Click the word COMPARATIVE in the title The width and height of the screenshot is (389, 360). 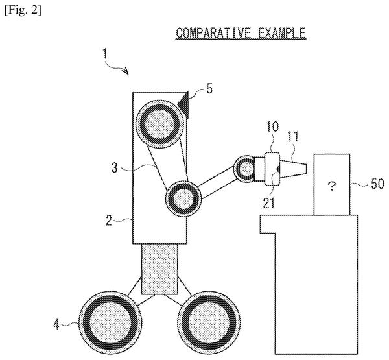213,33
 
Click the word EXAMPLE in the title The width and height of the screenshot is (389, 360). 281,33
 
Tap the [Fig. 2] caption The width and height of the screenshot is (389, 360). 23,10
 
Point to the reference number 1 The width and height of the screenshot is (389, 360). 106,54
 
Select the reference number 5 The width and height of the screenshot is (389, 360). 209,88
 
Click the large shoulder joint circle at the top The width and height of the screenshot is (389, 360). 160,123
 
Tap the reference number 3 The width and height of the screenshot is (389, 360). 114,168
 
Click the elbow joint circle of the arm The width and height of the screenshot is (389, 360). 184,198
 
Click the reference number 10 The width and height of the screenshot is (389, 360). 272,126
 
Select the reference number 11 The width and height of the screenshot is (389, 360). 293,137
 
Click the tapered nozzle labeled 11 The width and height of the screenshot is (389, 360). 294,169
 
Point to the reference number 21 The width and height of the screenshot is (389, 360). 268,203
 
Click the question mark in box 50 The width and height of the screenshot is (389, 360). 332,186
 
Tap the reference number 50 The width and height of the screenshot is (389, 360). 377,184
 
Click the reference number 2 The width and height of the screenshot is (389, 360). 109,221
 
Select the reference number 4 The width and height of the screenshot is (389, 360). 56,324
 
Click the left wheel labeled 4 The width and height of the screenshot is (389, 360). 110,323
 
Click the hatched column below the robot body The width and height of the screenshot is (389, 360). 159,269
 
